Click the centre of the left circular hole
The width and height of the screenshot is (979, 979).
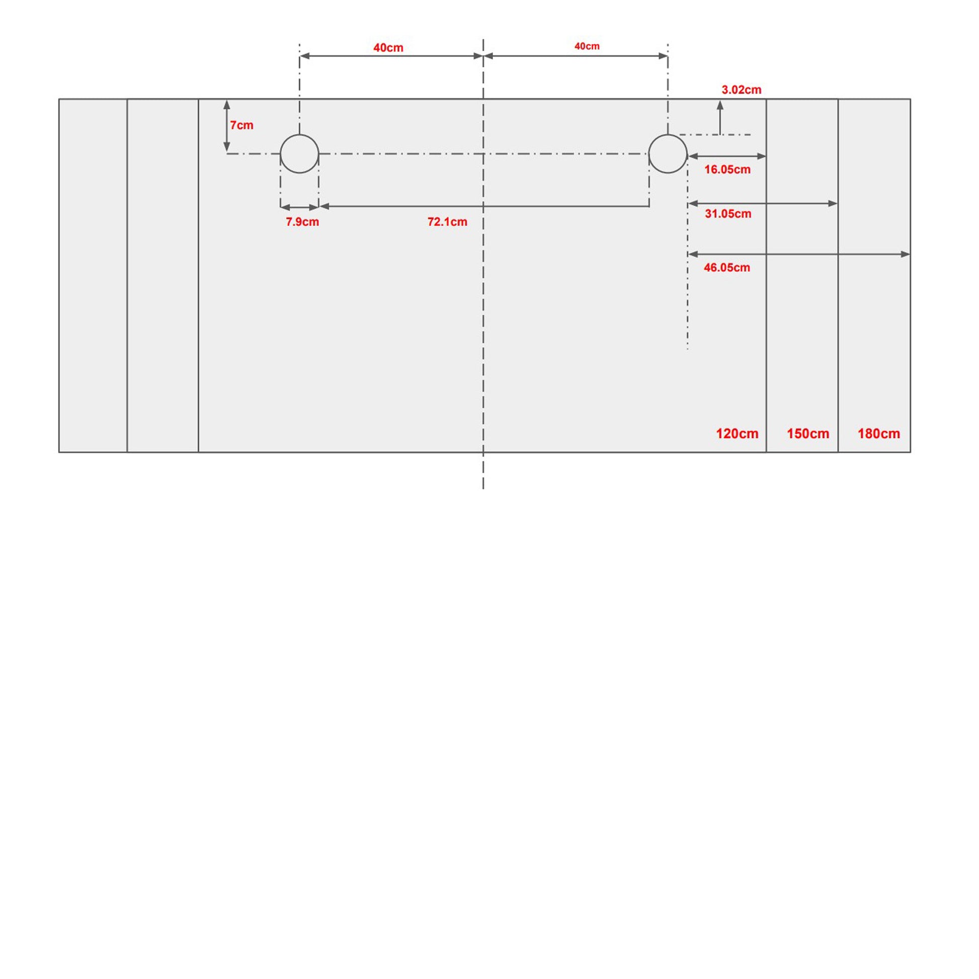pos(299,153)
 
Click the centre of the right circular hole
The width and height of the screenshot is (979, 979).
pos(668,153)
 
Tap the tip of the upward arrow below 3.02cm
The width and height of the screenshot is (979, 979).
pos(720,101)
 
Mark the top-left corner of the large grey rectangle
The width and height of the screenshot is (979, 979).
pos(59,99)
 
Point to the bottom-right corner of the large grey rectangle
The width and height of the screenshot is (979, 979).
pos(911,452)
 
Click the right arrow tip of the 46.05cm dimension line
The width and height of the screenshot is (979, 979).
pos(910,255)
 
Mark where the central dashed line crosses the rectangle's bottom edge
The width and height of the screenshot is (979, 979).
pos(483,452)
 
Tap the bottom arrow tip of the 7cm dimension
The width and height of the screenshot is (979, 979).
pos(226,152)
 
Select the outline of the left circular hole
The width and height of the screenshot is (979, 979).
pos(280,153)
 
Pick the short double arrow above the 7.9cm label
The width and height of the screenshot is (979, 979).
pos(299,207)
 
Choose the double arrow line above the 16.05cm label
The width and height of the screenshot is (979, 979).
pos(726,156)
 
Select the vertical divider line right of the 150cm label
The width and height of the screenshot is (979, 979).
pos(838,276)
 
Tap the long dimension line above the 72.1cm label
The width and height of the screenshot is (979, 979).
pos(484,206)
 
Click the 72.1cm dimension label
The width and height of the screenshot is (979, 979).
pos(447,222)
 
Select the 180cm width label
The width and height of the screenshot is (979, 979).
pos(879,434)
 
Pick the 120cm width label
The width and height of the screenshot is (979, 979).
pos(738,434)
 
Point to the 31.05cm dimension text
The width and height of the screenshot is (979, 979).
pos(728,214)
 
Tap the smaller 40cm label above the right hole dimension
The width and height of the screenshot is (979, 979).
pos(587,46)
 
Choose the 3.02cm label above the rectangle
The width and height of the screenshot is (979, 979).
pos(742,90)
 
